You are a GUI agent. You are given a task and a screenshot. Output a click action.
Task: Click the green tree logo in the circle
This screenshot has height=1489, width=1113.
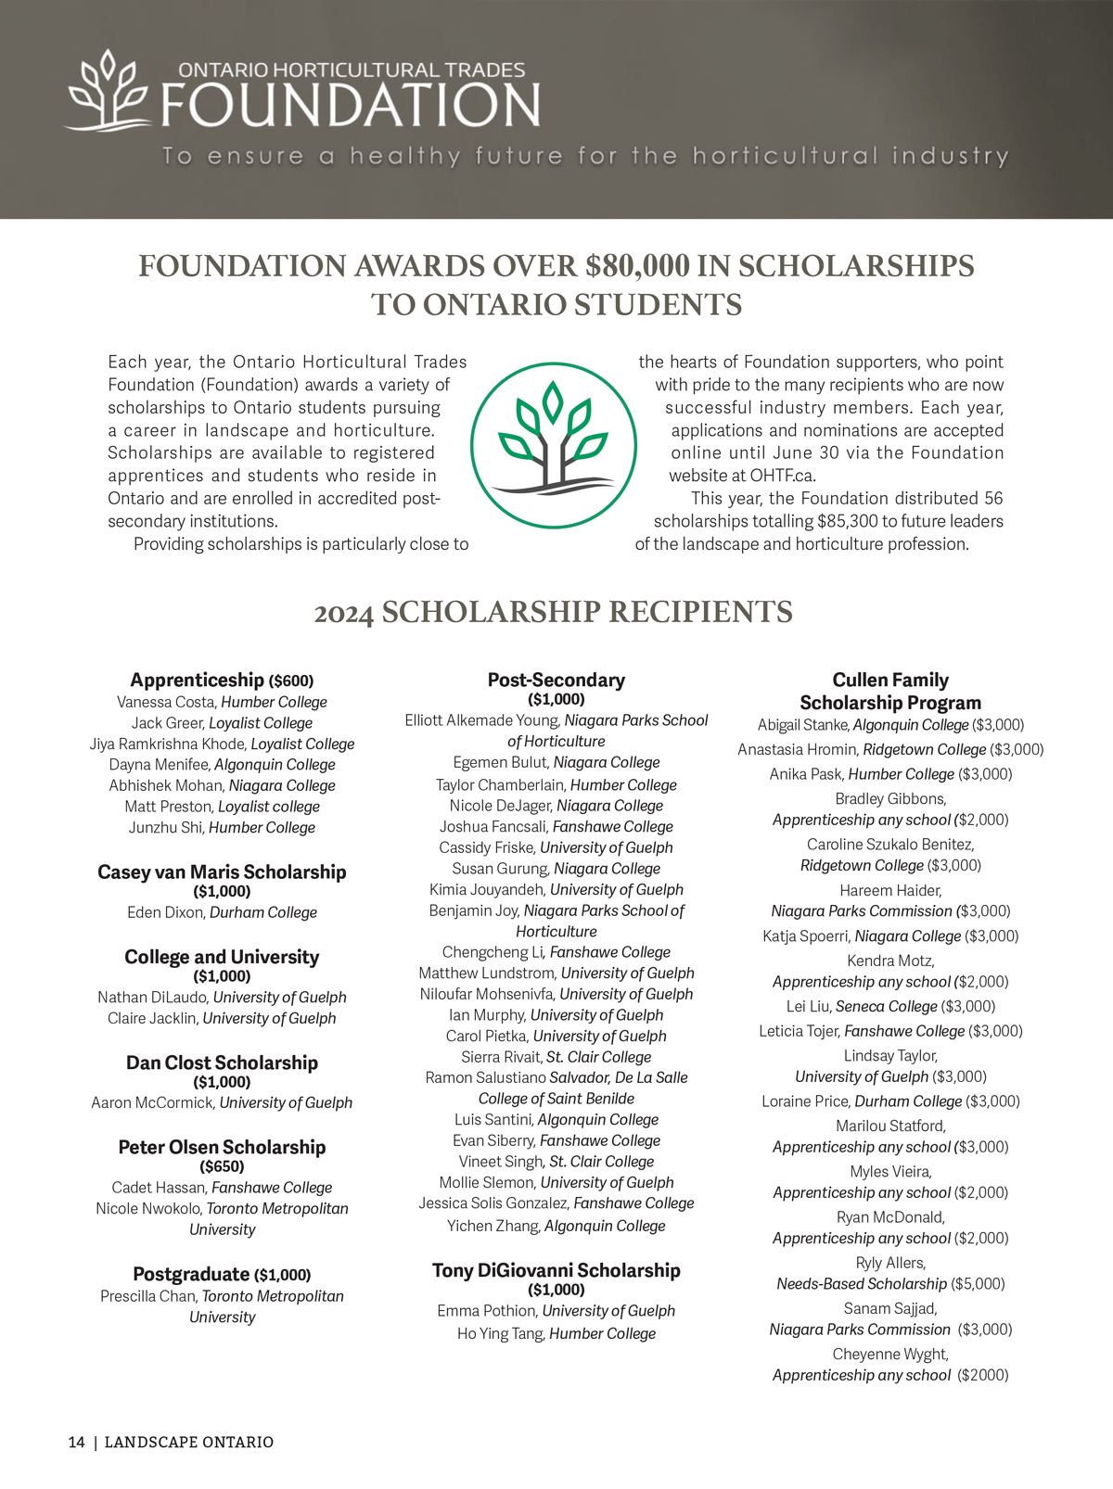coord(554,445)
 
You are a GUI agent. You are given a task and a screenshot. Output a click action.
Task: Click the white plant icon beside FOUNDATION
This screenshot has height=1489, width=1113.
coord(107,90)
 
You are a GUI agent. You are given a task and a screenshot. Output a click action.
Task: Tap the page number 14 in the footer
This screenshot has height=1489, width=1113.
coord(76,1442)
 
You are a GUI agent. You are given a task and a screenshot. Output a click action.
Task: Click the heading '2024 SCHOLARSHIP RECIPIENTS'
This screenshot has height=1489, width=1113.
coord(554,612)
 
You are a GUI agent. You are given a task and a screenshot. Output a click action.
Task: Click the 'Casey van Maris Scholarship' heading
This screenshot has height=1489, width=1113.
coord(222,872)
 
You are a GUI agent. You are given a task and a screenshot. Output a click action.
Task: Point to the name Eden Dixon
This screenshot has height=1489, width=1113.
coord(165,912)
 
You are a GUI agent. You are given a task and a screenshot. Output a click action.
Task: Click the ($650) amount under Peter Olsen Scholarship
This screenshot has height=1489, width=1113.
coord(222,1166)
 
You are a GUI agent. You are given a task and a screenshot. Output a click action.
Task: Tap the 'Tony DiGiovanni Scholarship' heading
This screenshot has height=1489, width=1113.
coord(556,1270)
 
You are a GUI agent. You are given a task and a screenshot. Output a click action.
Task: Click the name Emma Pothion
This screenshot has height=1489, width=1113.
coord(487,1311)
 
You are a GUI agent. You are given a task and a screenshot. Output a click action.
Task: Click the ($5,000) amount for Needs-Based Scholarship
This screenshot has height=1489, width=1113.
coord(978,1284)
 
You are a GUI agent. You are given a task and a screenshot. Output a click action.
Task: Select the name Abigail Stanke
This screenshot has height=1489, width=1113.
coord(802,725)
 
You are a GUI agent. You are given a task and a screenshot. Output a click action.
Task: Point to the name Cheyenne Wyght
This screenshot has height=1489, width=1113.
coord(889,1354)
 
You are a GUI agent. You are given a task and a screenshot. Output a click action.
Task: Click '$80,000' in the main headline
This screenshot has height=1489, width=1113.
coord(637,266)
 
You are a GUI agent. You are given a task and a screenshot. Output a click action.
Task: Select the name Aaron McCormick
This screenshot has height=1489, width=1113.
coord(153,1102)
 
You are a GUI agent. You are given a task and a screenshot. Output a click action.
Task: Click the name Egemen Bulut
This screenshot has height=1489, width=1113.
coord(501,762)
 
